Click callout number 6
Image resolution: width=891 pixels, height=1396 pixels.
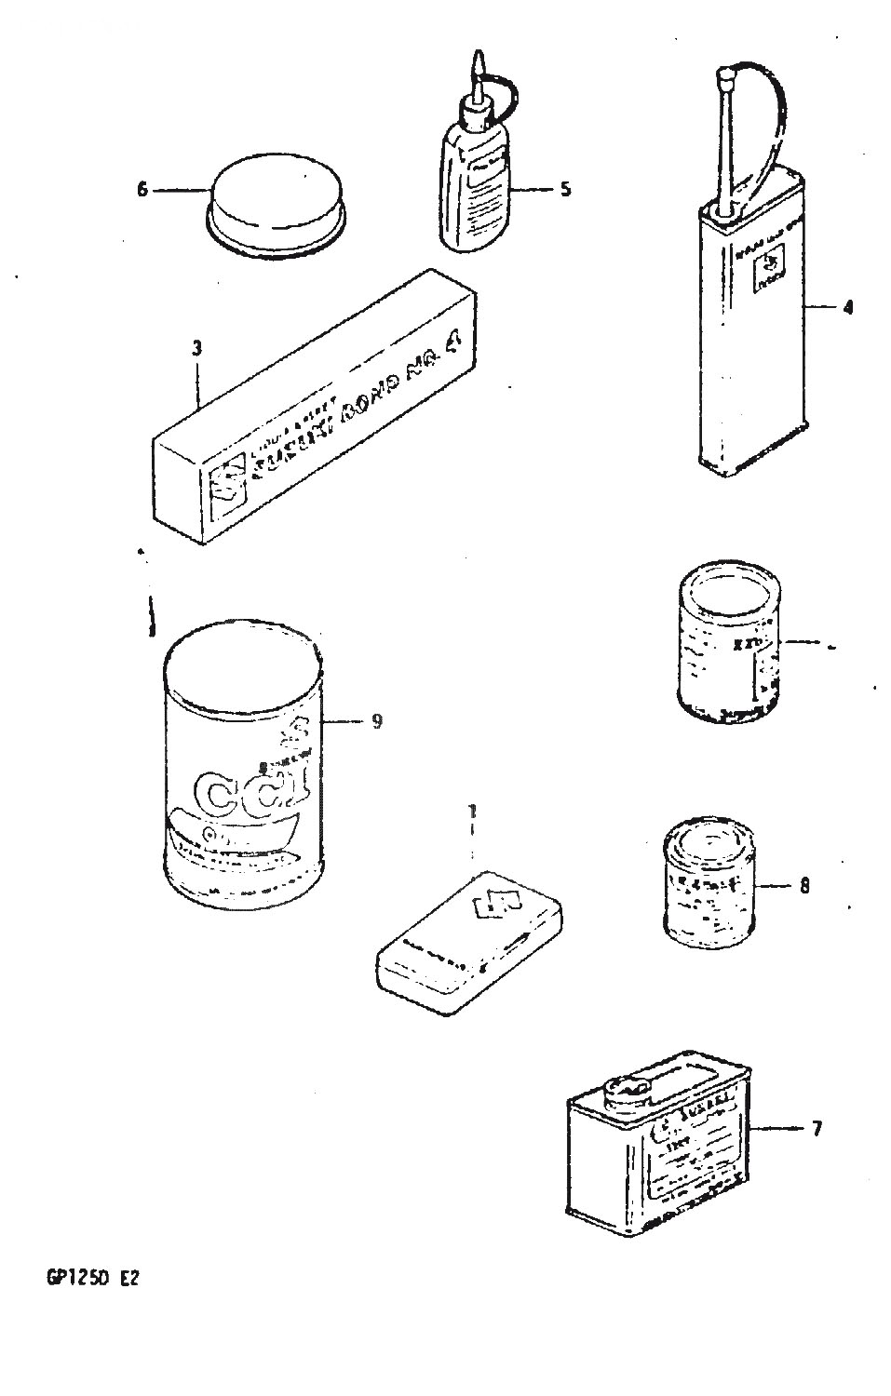click(142, 190)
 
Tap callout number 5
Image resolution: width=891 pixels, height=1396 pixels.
click(565, 190)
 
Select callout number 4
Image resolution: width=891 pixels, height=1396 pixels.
click(846, 307)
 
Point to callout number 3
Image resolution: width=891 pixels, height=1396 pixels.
click(196, 349)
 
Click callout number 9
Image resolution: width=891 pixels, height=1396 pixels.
click(376, 721)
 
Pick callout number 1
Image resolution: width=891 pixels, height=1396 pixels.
click(472, 812)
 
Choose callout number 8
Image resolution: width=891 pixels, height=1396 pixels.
click(803, 886)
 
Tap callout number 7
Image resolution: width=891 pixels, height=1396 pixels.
click(817, 1130)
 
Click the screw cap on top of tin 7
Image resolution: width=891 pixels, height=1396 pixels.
click(628, 1091)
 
